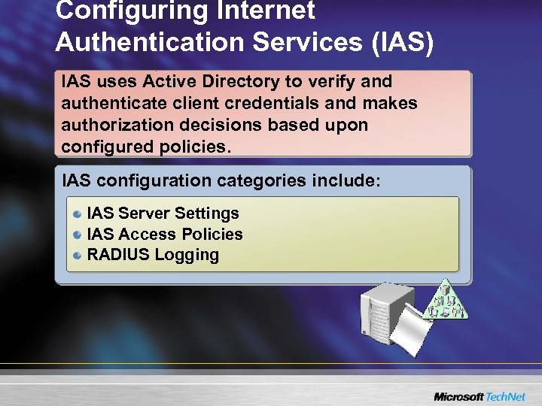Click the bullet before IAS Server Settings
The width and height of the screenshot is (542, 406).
[x=78, y=215]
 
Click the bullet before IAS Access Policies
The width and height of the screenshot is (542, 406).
[x=78, y=235]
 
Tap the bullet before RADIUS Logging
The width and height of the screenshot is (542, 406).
[x=78, y=256]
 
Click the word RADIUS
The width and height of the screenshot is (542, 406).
[x=118, y=255]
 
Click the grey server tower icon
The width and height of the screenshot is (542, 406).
[x=385, y=310]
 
